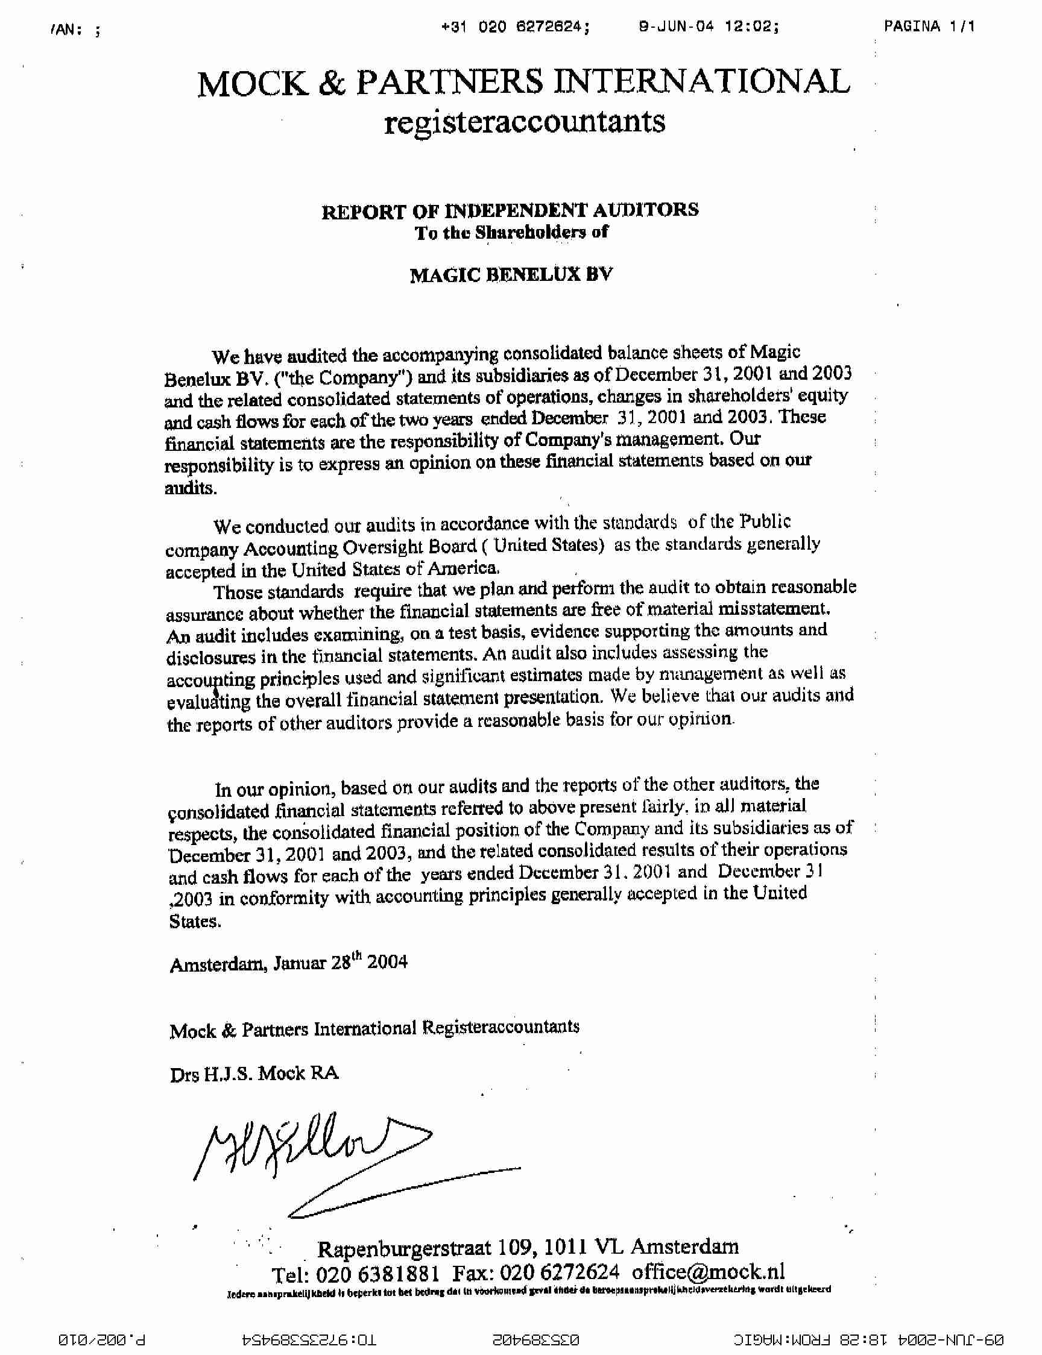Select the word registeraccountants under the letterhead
click(x=524, y=122)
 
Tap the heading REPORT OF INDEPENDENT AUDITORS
click(x=510, y=211)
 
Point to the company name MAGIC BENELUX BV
click(x=511, y=275)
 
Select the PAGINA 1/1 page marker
click(x=929, y=26)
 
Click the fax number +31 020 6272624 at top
click(x=515, y=27)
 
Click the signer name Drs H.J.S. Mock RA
click(x=254, y=1074)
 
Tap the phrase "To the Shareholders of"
click(x=511, y=233)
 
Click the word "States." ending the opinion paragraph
click(x=194, y=922)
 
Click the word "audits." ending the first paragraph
click(x=191, y=488)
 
